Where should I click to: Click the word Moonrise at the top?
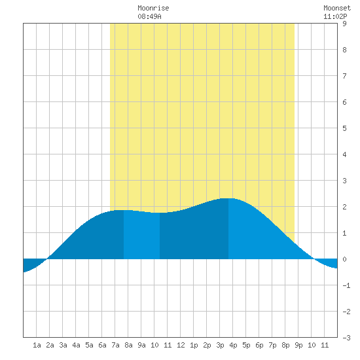point(153,8)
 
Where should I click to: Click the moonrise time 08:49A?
point(149,16)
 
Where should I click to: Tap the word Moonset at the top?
point(337,8)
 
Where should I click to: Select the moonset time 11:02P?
point(335,16)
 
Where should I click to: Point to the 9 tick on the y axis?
point(344,24)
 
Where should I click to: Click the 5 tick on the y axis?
point(344,128)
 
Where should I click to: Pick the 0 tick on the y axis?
point(344,259)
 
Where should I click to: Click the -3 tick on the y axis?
point(346,338)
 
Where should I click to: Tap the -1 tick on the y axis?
point(346,285)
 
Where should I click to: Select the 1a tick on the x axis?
point(37,345)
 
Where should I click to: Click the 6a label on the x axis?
point(102,345)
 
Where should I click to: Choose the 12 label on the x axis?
point(181,345)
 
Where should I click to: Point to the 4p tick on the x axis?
point(233,345)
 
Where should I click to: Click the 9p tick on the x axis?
point(298,345)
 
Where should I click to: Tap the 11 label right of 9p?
point(325,345)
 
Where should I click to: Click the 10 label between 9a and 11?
point(154,345)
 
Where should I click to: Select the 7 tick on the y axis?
point(344,76)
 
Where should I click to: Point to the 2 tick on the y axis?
point(344,207)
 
